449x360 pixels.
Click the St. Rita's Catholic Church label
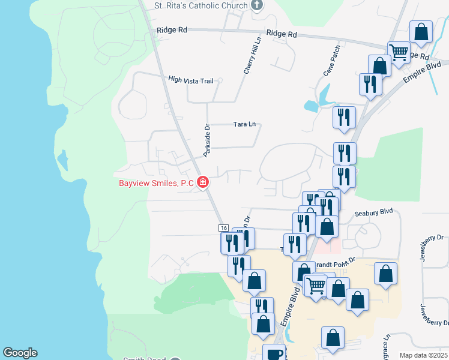pyautogui.click(x=200, y=6)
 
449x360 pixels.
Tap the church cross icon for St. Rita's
pyautogui.click(x=257, y=6)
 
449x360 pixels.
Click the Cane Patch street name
pyautogui.click(x=331, y=61)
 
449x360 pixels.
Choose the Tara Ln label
pyautogui.click(x=244, y=125)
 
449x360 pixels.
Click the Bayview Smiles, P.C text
pyautogui.click(x=156, y=183)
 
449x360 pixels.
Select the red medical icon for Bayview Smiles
pyautogui.click(x=203, y=182)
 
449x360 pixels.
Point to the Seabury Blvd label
pyautogui.click(x=373, y=212)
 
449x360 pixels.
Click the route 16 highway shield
pyautogui.click(x=223, y=228)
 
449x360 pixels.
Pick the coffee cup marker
pyautogui.click(x=274, y=353)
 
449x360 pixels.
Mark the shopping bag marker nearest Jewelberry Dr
pyautogui.click(x=385, y=273)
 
